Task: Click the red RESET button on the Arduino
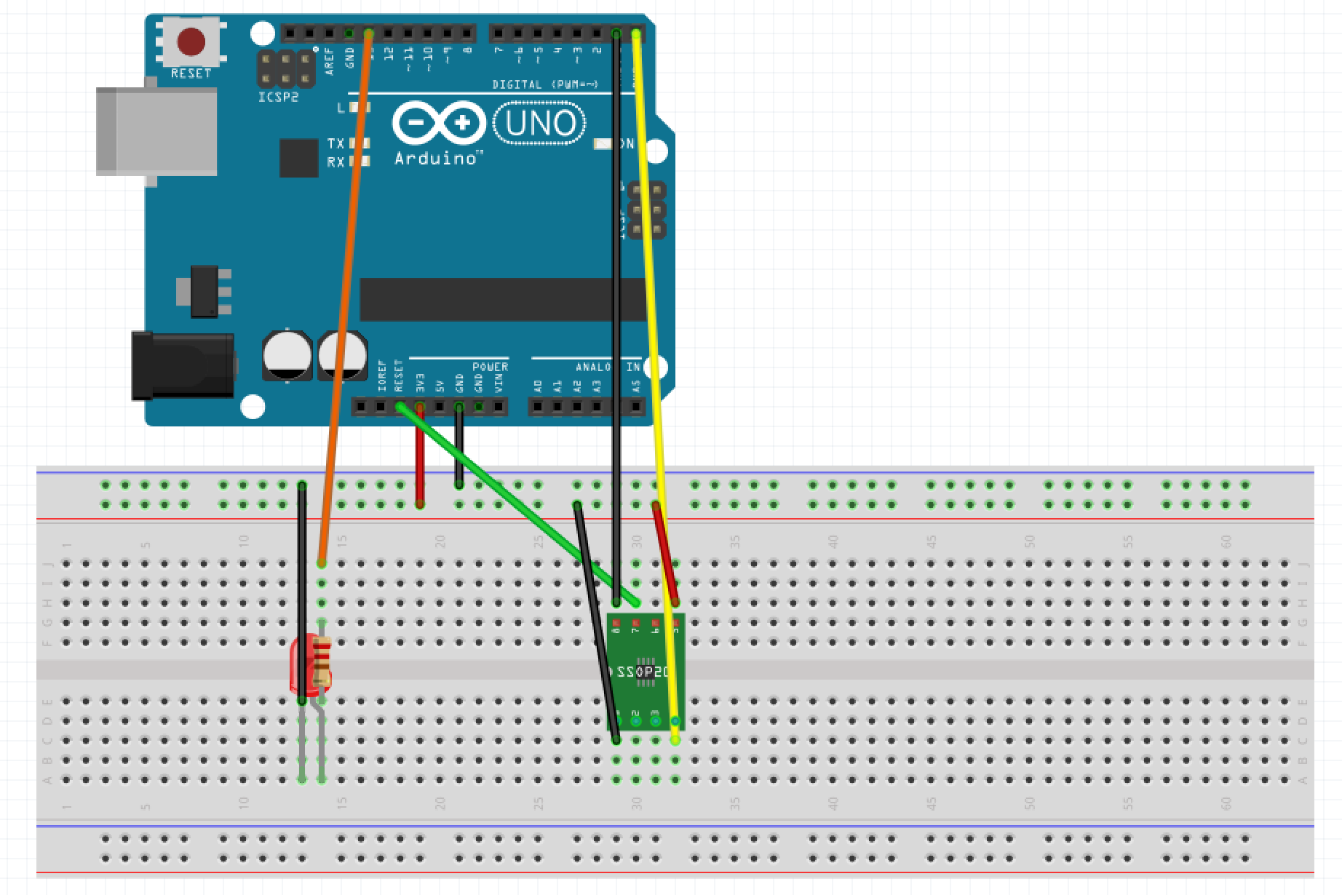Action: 191,42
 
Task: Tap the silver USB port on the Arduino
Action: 156,132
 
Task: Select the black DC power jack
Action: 183,366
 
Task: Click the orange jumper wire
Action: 346,291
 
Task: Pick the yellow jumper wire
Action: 655,364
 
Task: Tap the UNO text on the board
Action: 539,124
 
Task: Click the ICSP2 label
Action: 278,97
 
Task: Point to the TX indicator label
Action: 335,143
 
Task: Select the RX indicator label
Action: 335,162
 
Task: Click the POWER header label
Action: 490,367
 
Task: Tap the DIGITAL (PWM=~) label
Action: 545,85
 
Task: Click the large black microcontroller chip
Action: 502,299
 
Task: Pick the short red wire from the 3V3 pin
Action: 420,466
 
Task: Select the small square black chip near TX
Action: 298,158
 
